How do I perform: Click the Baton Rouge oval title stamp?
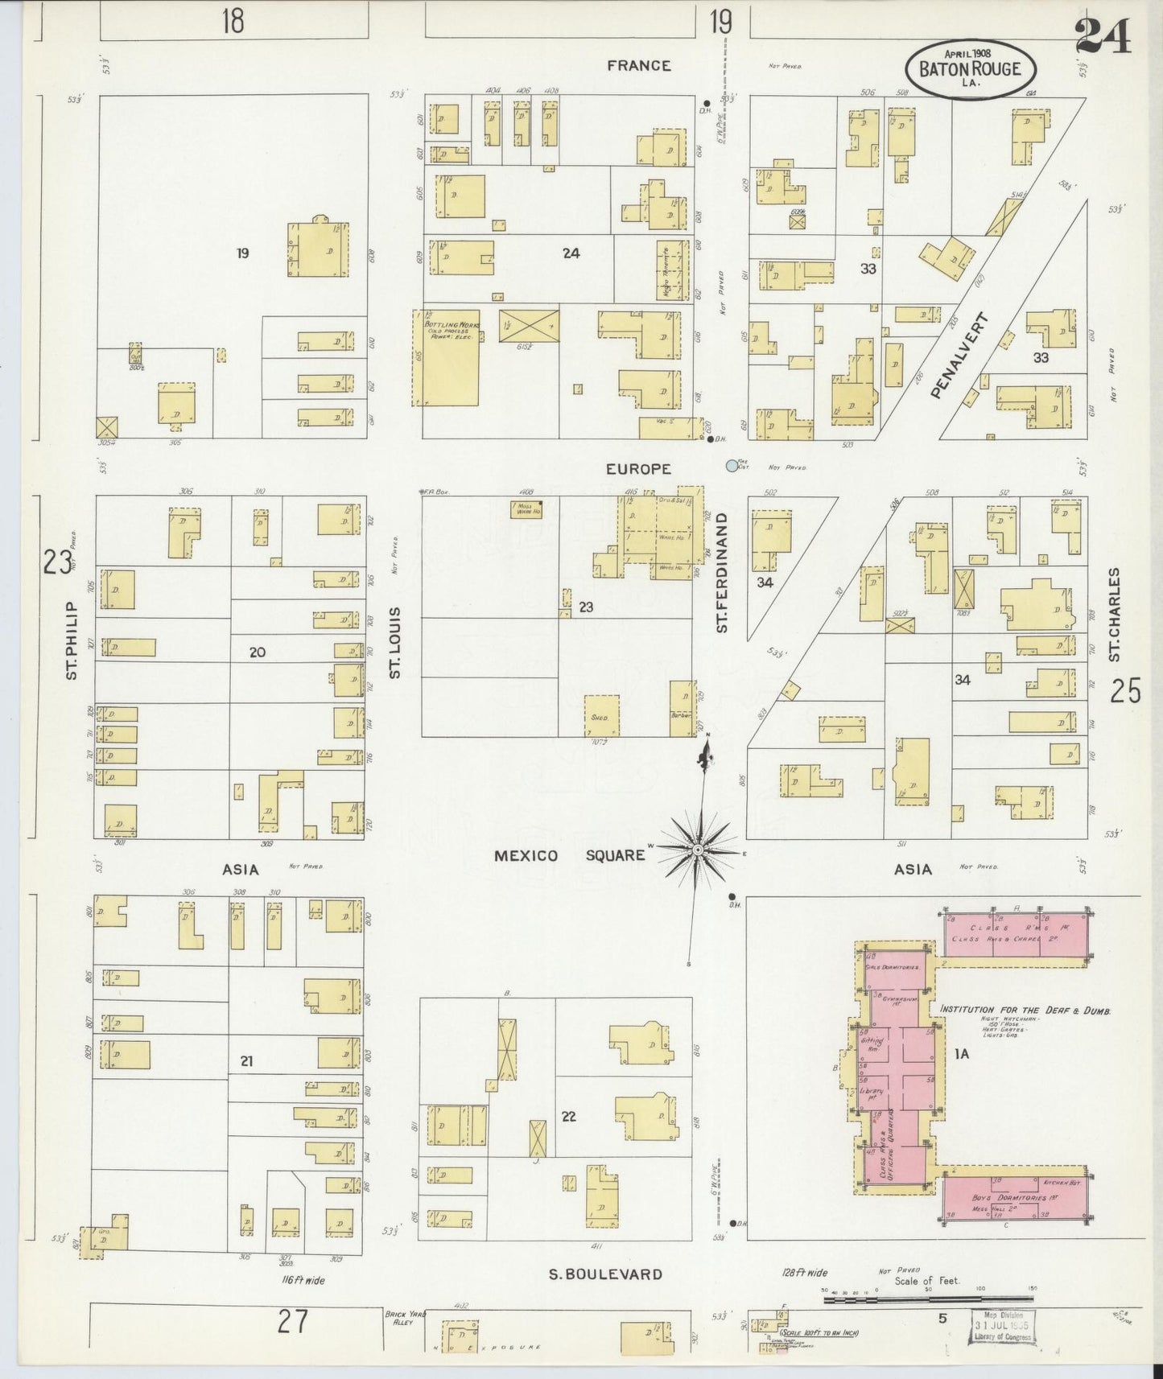(x=971, y=68)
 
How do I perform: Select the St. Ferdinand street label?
(x=722, y=572)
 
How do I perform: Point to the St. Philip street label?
(x=72, y=640)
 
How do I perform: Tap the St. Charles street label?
(x=1114, y=615)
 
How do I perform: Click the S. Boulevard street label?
(x=605, y=1274)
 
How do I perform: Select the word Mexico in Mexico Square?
(x=526, y=855)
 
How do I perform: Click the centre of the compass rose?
(x=698, y=850)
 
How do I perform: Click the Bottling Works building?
(x=447, y=358)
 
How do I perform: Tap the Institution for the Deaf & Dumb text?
(x=1025, y=1010)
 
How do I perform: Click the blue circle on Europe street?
(x=731, y=465)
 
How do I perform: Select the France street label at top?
(x=638, y=65)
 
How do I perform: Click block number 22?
(x=568, y=1117)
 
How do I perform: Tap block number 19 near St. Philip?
(x=242, y=253)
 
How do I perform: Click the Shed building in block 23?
(x=601, y=715)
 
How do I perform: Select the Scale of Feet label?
(x=926, y=1281)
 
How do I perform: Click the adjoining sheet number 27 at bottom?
(x=291, y=1322)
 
